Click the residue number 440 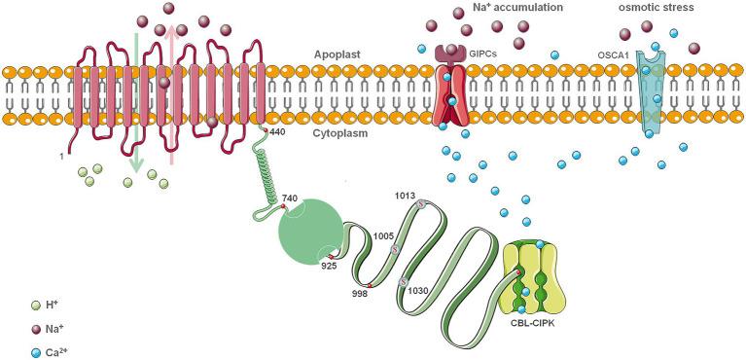278,131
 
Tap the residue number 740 290,198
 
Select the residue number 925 329,266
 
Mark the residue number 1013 406,195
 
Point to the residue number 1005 382,235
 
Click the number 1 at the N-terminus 62,156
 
